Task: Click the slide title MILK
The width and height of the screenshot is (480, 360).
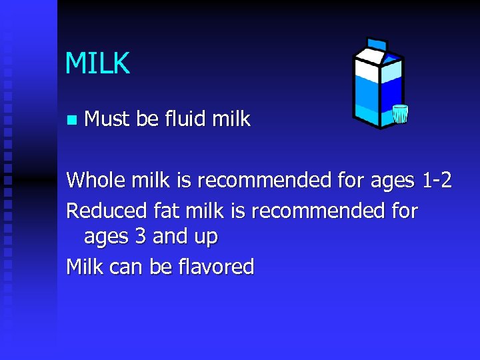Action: (x=97, y=63)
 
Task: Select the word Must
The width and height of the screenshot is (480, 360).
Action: (x=108, y=119)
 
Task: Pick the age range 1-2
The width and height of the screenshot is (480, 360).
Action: (x=437, y=180)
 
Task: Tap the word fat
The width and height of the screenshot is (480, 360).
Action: (x=167, y=211)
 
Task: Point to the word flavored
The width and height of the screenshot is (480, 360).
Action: (x=217, y=267)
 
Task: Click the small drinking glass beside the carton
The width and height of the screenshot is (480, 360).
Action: (x=399, y=114)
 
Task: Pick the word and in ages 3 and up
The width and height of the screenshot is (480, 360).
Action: (x=168, y=237)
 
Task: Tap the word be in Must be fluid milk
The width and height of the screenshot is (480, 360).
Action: (x=147, y=119)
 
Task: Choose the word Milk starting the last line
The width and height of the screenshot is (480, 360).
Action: (x=85, y=267)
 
